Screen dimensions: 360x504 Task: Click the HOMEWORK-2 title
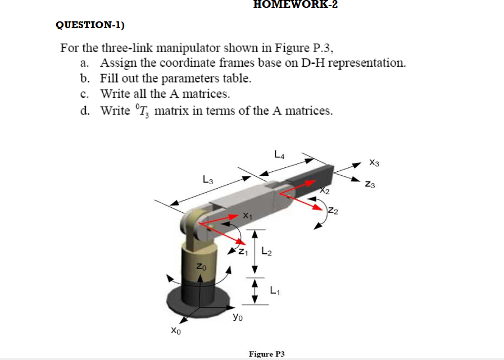296,5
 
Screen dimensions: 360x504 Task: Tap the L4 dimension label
279,152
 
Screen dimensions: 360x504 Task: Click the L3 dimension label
208,180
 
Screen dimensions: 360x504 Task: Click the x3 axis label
376,163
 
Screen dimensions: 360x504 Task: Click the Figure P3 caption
267,354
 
